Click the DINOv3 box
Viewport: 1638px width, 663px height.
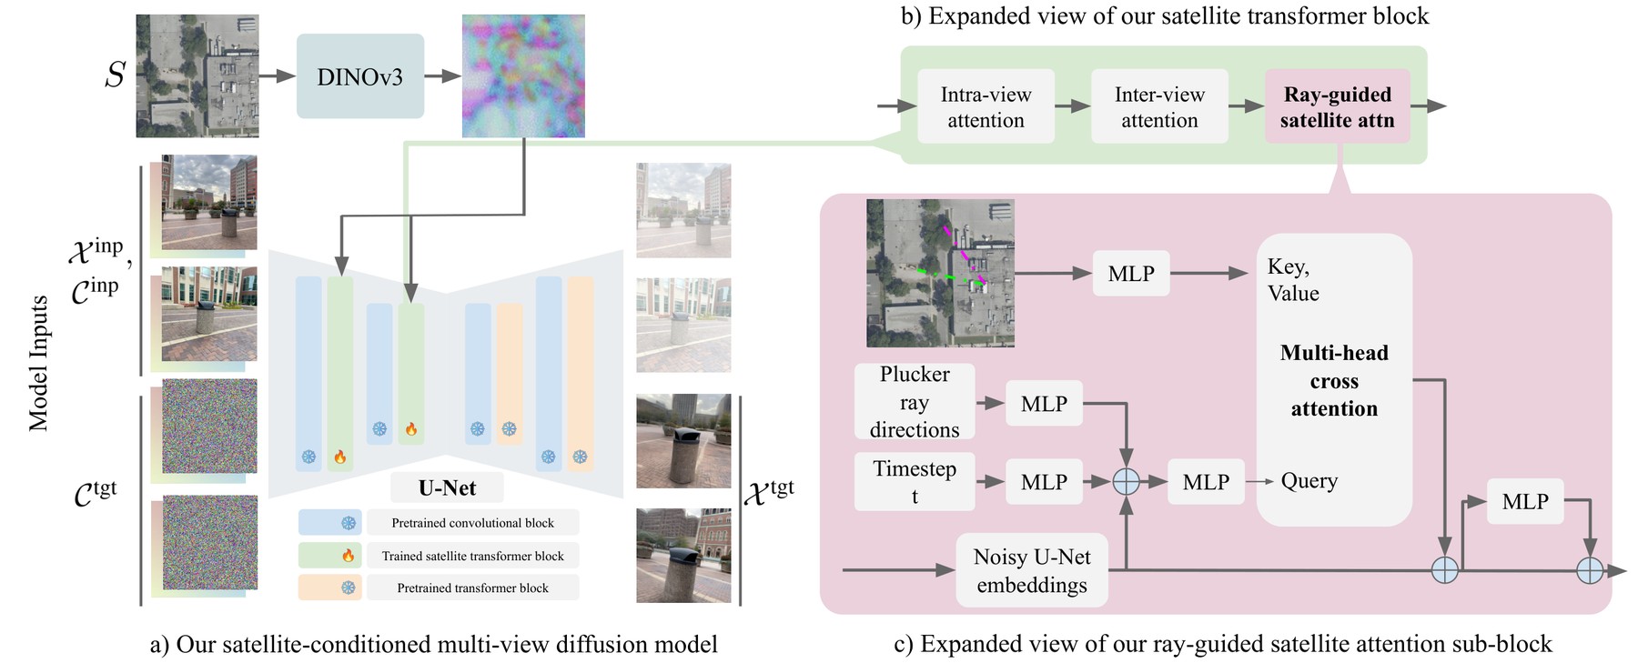click(x=360, y=76)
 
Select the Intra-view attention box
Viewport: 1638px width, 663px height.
click(x=986, y=106)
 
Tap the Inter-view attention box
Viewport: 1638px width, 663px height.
click(x=1159, y=106)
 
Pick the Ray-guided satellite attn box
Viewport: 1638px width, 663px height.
click(x=1338, y=106)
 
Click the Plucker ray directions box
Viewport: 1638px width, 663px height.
click(x=915, y=402)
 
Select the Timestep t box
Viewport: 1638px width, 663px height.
click(x=915, y=482)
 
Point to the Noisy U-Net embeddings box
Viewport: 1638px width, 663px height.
click(x=1032, y=570)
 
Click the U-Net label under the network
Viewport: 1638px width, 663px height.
click(x=448, y=488)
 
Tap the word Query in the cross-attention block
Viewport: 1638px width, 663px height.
click(x=1309, y=481)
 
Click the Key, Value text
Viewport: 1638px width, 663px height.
click(x=1293, y=280)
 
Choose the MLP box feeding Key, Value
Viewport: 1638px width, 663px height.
click(x=1131, y=274)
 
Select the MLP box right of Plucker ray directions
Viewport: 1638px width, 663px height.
click(x=1044, y=404)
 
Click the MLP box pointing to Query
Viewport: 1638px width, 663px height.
click(x=1206, y=482)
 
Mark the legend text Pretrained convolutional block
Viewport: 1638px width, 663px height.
click(x=472, y=523)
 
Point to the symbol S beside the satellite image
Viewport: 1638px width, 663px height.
click(x=115, y=75)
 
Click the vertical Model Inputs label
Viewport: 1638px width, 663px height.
click(x=38, y=363)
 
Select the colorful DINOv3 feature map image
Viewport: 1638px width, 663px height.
click(x=523, y=76)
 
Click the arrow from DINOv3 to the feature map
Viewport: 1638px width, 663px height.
click(x=443, y=76)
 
